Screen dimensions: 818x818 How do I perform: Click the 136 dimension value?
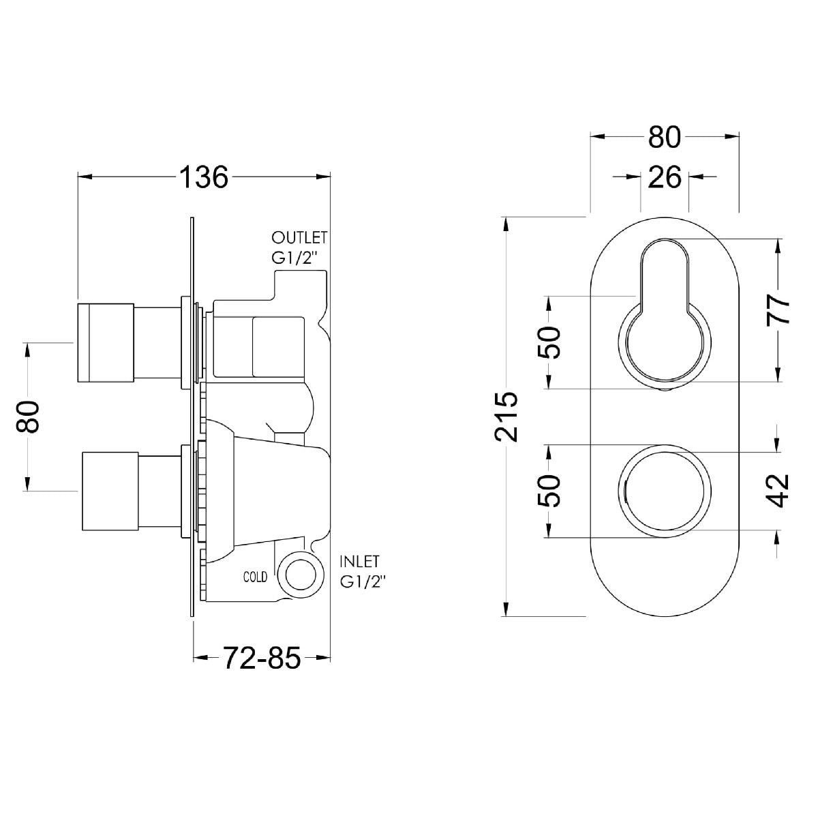coord(204,177)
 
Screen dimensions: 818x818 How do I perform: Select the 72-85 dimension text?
coord(262,658)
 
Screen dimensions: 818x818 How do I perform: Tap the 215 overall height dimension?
coord(506,417)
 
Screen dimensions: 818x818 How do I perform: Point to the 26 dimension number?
coord(665,177)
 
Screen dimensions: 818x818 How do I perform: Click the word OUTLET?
coord(299,238)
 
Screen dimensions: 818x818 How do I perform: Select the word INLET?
coord(359,562)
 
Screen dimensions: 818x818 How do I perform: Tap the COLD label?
coord(255,577)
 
